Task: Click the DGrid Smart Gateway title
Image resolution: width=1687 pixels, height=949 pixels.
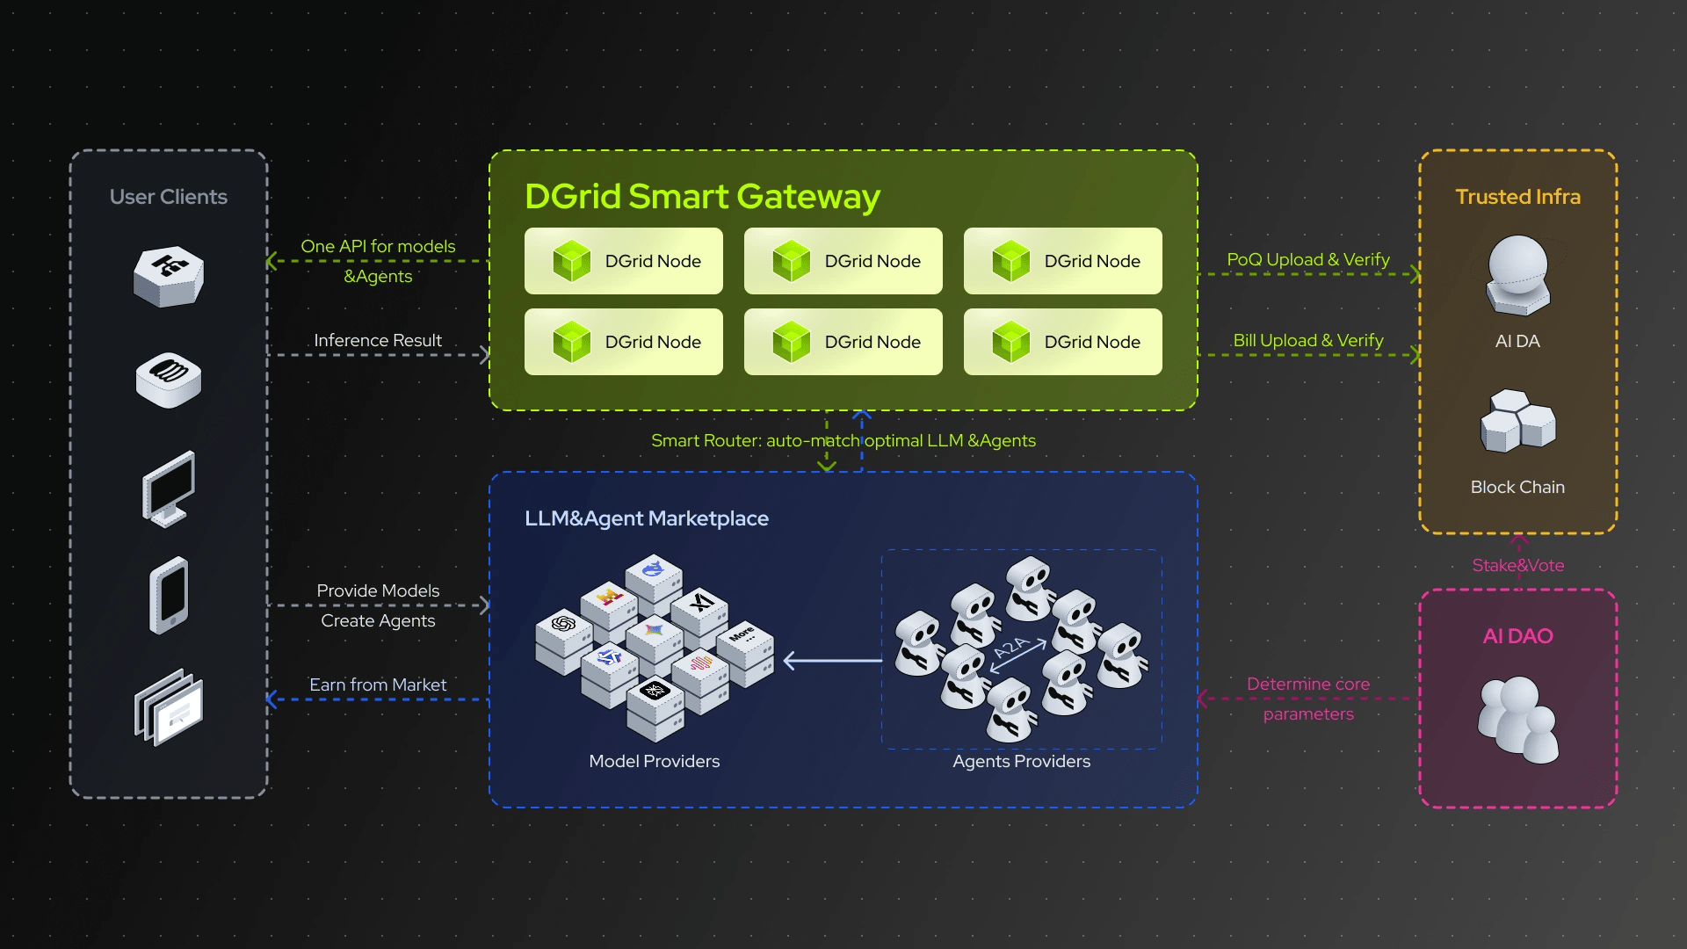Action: (x=701, y=197)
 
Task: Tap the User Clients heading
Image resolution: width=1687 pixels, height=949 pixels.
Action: (x=168, y=197)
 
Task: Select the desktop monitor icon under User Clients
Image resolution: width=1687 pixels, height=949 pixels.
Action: (x=168, y=489)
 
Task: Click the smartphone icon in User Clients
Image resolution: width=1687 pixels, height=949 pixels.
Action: (x=169, y=595)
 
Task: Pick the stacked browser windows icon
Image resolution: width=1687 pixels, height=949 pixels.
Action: (x=169, y=707)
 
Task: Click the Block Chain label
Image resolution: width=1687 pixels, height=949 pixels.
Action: (x=1517, y=487)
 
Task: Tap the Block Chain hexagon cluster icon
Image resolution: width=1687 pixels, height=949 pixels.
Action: (x=1517, y=421)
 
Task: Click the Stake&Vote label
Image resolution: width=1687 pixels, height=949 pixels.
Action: (x=1517, y=565)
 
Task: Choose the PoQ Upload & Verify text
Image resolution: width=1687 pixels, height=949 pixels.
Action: (x=1307, y=259)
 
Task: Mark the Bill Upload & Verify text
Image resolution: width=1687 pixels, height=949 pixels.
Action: (x=1307, y=340)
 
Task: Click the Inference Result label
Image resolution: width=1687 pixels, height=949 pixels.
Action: (x=378, y=340)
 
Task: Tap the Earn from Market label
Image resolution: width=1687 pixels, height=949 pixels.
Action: (x=378, y=685)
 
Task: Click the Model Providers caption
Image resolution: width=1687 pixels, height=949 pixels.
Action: (x=654, y=761)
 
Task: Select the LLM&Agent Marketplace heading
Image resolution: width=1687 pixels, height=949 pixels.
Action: (x=646, y=518)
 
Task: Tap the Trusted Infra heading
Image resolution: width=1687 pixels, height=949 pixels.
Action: (x=1517, y=197)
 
